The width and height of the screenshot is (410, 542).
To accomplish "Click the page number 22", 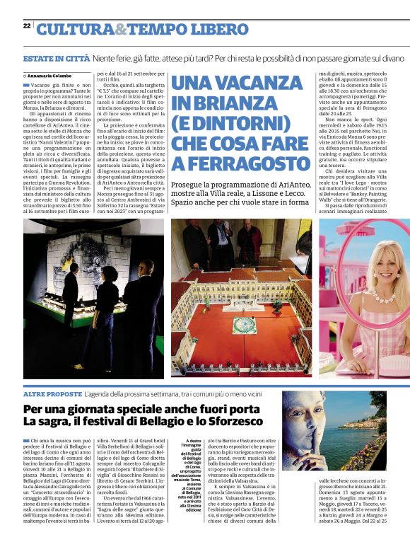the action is pyautogui.click(x=26, y=25).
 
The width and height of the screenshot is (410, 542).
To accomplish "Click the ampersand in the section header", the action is pyautogui.click(x=121, y=29).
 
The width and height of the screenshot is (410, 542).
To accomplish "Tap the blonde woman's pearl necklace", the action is pyautogui.click(x=373, y=294).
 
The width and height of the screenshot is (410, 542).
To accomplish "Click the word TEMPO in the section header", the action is pyautogui.click(x=163, y=29).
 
